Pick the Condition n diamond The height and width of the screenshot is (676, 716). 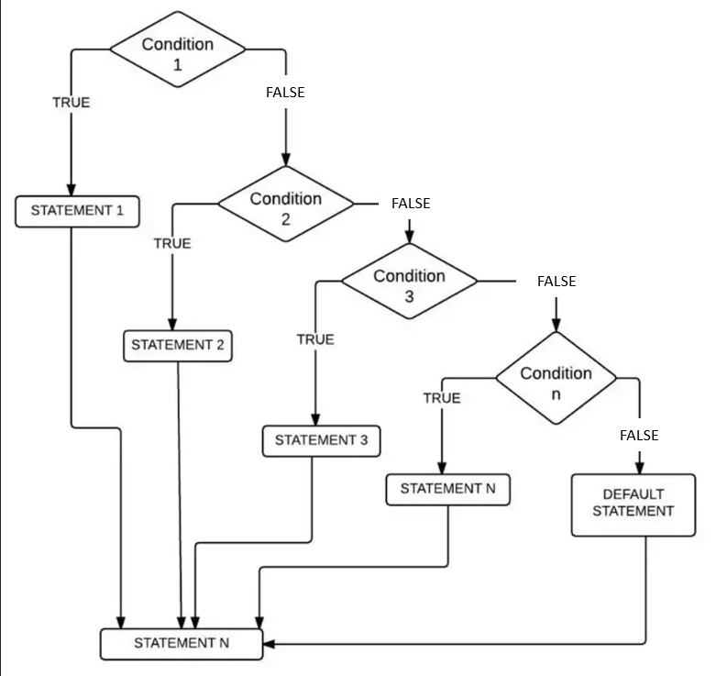556,378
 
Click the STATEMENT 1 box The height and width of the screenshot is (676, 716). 77,211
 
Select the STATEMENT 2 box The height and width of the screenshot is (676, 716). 177,345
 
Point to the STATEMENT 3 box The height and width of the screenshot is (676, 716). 321,440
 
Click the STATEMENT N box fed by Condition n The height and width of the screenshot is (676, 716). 447,489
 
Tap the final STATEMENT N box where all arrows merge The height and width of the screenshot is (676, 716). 182,643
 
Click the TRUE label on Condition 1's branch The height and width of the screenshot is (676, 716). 71,103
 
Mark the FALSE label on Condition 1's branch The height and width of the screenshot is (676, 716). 285,93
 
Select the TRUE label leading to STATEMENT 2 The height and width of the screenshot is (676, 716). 172,243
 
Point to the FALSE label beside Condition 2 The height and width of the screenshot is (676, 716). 410,204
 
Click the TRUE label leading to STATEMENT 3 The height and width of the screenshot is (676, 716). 315,339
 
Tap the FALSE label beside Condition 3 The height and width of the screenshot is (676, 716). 556,282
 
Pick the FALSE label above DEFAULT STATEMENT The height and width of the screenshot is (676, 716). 639,435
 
